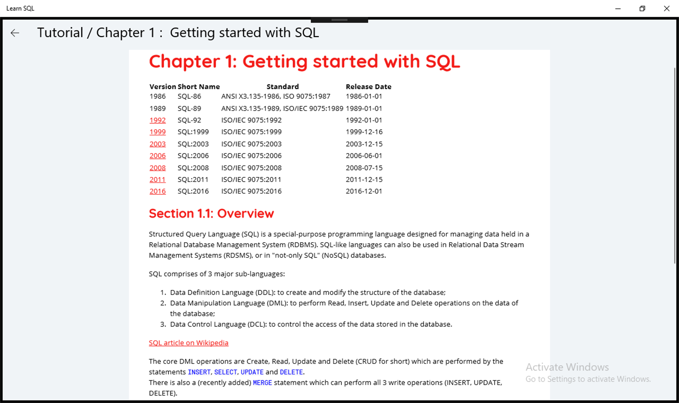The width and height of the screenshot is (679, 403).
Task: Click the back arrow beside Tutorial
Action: coord(15,33)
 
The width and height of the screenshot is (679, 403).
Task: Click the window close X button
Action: coord(666,8)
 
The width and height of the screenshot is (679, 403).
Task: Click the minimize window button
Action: coord(618,9)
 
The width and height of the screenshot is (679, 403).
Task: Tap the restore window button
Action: coord(642,8)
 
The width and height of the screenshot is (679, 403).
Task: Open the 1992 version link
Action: coord(158,120)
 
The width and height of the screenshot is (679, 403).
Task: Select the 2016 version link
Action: coord(158,191)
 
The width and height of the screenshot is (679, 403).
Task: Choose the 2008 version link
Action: coord(158,168)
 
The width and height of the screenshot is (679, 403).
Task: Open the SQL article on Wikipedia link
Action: coord(189,343)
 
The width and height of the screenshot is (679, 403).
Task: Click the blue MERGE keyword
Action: coord(262,382)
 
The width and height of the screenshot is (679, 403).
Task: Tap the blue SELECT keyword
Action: coord(225,372)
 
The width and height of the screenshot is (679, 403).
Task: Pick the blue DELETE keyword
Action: coord(291,372)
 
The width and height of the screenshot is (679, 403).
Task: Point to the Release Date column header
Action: coord(368,87)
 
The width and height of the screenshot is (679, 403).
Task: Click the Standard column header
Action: coord(283,87)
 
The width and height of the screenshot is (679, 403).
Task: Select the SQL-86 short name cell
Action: coord(189,96)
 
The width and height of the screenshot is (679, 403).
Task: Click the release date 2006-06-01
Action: coord(364,156)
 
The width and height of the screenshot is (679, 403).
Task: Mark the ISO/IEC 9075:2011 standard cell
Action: coord(251,179)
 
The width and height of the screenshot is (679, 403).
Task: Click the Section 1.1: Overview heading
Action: coord(211,213)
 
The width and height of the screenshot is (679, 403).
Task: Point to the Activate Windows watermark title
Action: coord(567,367)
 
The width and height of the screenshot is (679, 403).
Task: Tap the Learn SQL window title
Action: coord(20,8)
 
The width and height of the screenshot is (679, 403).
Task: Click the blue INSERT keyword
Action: coord(199,372)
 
